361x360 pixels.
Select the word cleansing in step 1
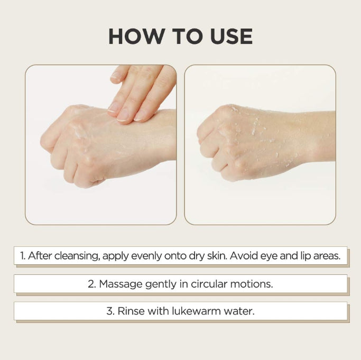[x=77, y=256]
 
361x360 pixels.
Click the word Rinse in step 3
[x=131, y=311]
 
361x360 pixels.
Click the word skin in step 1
[x=217, y=255]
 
